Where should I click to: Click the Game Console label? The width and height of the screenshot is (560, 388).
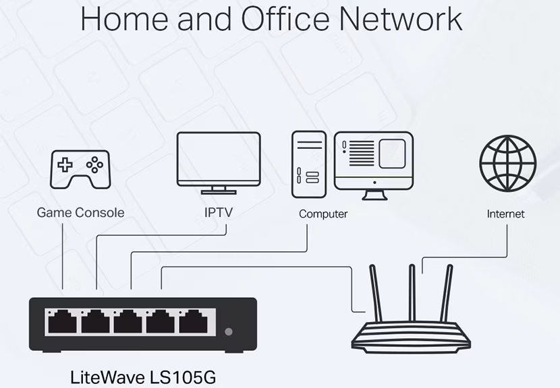(x=80, y=213)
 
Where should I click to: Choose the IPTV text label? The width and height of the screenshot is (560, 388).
(x=219, y=213)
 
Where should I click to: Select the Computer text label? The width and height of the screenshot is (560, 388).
(x=323, y=214)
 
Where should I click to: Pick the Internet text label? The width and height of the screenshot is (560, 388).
(x=505, y=214)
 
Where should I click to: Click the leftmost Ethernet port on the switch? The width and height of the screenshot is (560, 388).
(x=63, y=322)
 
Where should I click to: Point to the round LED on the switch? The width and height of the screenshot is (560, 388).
(x=229, y=331)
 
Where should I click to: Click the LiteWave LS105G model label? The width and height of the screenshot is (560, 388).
(x=144, y=375)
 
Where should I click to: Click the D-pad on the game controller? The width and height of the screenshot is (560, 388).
(x=65, y=164)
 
